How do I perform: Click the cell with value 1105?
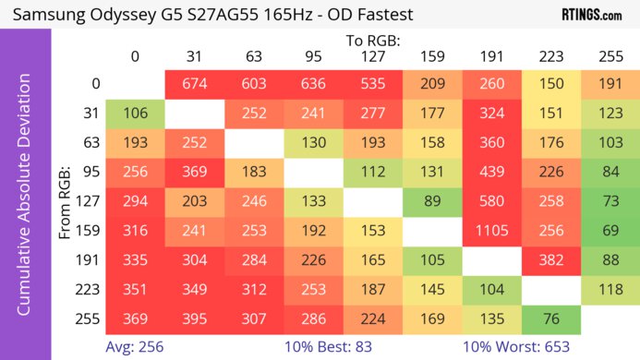pyautogui.click(x=492, y=231)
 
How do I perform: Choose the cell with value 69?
pyautogui.click(x=610, y=231)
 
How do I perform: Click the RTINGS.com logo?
pyautogui.click(x=591, y=15)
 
